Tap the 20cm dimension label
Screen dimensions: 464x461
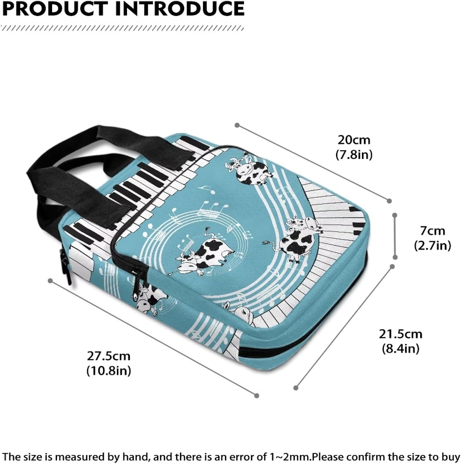pos(354,140)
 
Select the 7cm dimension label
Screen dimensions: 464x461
pos(432,231)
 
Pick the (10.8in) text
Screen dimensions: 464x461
pos(109,370)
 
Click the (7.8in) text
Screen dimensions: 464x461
pos(354,154)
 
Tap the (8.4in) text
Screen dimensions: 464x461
pos(400,349)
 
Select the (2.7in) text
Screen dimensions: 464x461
pos(433,246)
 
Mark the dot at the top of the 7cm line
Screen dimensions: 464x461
pos(395,214)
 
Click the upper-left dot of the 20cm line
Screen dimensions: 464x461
pos(237,125)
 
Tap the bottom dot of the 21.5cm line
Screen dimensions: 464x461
pos(296,388)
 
